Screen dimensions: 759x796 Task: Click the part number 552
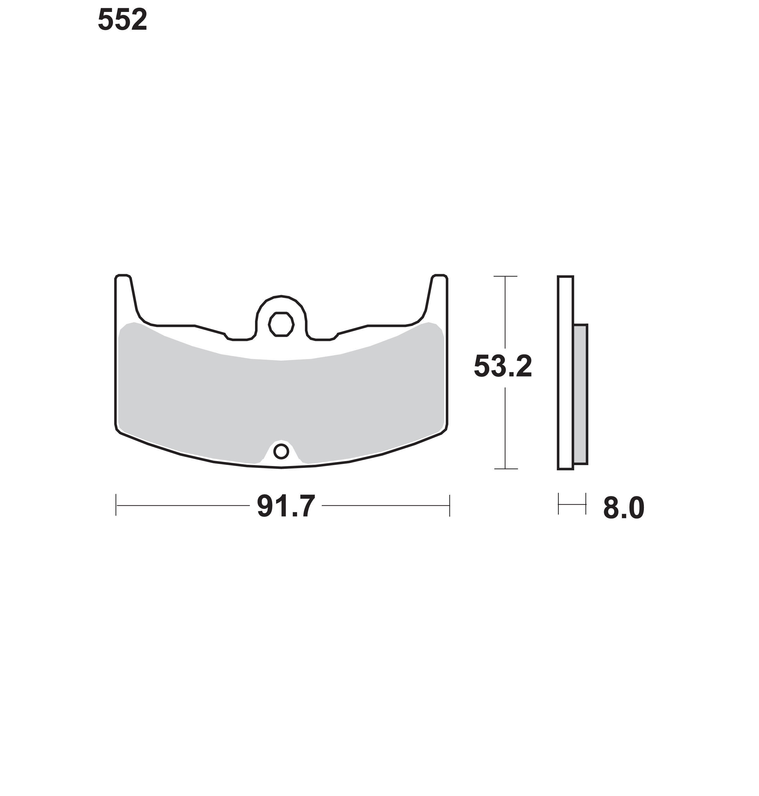122,20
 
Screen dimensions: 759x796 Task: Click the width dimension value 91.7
286,506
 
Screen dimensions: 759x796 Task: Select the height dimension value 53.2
503,366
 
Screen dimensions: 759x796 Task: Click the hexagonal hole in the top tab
281,324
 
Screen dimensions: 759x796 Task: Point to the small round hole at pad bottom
281,451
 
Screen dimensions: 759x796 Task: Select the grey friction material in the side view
581,394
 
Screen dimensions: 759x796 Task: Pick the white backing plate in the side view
565,373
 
